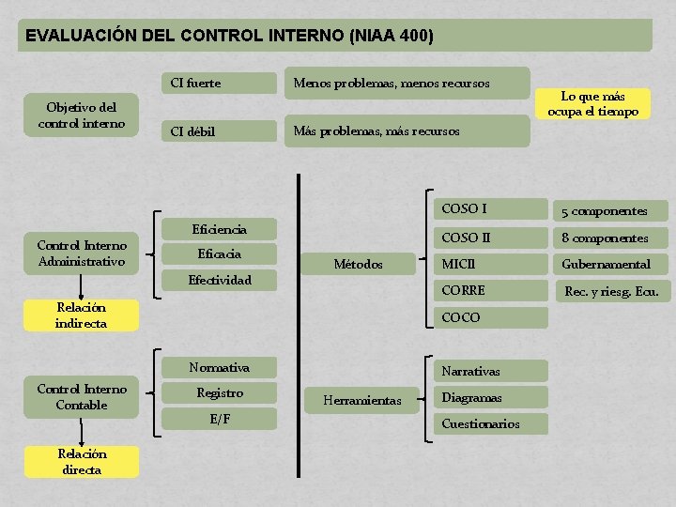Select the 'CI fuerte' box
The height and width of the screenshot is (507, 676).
[218, 84]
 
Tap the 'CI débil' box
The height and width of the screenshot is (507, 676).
[218, 131]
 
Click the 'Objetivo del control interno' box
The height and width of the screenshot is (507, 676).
[81, 115]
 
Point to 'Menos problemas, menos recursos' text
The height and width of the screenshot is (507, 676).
[392, 84]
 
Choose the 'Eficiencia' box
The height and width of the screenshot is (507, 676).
[219, 229]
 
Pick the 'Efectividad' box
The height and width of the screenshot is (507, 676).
[219, 280]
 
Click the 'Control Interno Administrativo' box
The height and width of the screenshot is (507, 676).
[81, 253]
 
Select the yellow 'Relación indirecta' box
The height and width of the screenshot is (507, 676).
[81, 315]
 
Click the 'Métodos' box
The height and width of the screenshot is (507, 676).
[359, 265]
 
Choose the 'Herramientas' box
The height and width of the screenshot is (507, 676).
[361, 401]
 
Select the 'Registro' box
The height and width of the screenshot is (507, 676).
[219, 393]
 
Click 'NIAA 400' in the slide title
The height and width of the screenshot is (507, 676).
[391, 37]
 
